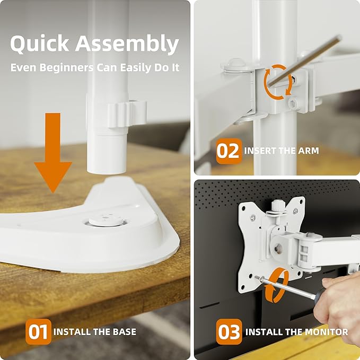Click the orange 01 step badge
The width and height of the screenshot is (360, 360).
coord(39,332)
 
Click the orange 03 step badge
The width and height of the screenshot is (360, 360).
coord(229,332)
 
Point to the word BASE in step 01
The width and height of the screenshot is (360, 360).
coord(123,332)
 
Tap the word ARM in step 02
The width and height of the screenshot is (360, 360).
coord(308,151)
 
